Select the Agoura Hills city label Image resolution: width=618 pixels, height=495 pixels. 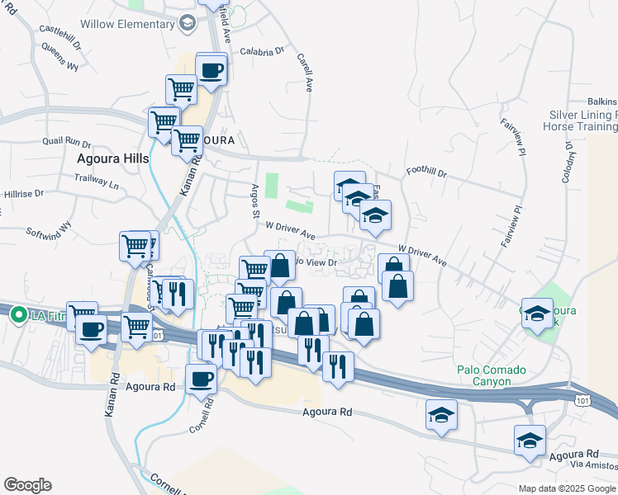112,158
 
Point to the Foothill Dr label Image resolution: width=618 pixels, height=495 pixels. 425,174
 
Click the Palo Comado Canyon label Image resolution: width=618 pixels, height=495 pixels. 494,375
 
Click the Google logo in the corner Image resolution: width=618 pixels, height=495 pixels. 27,485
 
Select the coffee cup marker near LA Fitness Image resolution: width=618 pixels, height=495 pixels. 90,331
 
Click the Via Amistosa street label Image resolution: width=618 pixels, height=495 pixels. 594,466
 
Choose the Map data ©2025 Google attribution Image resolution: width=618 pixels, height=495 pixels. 567,488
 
